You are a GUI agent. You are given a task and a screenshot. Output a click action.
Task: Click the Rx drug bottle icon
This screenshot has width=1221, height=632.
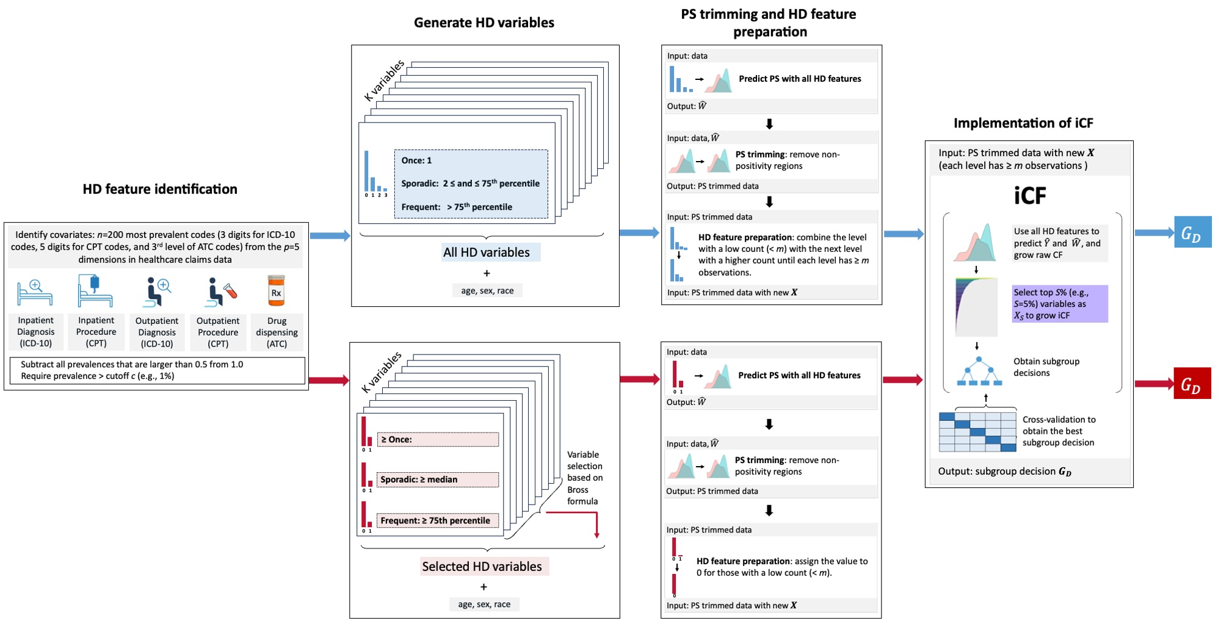click(276, 291)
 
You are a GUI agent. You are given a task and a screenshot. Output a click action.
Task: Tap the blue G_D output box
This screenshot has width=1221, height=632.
click(1192, 232)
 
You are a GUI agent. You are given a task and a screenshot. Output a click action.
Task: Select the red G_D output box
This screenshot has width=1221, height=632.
click(1192, 384)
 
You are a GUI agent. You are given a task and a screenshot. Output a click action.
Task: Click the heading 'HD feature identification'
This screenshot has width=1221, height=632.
click(160, 189)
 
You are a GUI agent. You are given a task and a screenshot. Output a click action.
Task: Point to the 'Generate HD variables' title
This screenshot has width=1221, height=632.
click(484, 23)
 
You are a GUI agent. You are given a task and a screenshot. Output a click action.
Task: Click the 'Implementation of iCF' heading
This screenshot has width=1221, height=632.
click(1023, 123)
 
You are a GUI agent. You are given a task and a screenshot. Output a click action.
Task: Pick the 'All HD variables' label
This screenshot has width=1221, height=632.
click(487, 253)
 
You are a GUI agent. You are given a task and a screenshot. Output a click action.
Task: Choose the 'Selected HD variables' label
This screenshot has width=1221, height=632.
click(482, 567)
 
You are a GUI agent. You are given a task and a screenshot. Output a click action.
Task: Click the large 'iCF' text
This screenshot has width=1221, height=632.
click(1030, 196)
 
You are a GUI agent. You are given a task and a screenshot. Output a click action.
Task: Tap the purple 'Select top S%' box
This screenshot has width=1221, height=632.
click(1059, 304)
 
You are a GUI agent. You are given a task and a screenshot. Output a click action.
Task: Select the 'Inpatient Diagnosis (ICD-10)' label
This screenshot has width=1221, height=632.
click(35, 332)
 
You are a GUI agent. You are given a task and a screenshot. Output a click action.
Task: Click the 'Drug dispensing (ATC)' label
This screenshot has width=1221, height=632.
click(277, 332)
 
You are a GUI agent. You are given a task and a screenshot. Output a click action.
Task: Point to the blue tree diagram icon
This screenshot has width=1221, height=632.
click(979, 372)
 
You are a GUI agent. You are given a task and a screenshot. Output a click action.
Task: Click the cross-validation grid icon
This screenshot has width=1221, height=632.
click(977, 432)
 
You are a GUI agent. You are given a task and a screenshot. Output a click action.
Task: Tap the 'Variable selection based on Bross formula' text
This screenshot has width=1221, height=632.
click(584, 478)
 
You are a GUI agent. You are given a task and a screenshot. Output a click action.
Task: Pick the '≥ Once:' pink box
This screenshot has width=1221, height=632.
click(438, 439)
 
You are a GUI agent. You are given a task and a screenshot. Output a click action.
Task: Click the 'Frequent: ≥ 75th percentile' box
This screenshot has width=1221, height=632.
click(438, 520)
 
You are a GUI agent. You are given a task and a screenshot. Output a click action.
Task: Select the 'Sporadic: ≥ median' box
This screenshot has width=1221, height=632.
click(438, 479)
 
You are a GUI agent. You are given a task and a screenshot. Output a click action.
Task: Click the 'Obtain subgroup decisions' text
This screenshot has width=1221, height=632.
click(1046, 367)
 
